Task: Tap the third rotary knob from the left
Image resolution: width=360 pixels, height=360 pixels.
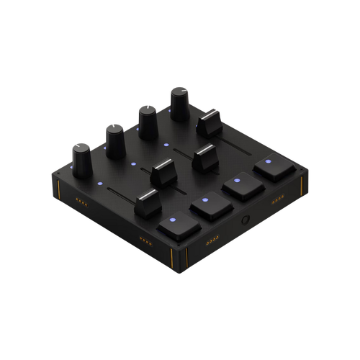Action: (x=147, y=120)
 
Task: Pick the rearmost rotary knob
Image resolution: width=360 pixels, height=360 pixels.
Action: (x=179, y=104)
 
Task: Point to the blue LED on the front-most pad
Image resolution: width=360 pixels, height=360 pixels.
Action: (x=172, y=220)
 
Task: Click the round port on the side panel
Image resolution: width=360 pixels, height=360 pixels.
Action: (x=246, y=221)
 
